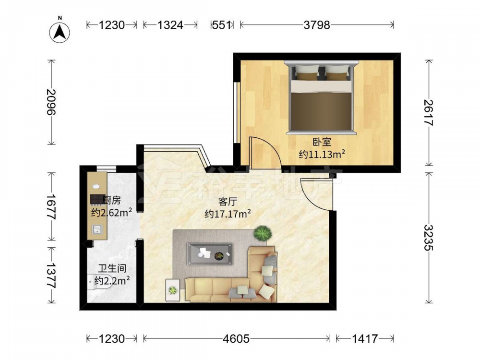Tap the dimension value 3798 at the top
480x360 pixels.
click(317, 25)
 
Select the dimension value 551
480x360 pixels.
click(221, 25)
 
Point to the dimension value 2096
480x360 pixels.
click(51, 102)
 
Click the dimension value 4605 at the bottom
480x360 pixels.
click(236, 338)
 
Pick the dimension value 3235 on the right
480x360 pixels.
click(429, 237)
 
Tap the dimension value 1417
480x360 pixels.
click(365, 338)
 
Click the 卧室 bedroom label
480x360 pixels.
click(322, 142)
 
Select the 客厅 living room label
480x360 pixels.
click(228, 202)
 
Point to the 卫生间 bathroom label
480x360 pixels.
click(112, 268)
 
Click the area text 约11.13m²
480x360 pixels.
click(322, 154)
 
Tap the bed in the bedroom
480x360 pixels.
click(321, 97)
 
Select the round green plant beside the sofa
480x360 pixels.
click(263, 234)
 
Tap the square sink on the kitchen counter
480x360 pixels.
click(97, 229)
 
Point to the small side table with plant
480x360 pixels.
click(173, 290)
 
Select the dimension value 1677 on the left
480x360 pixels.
click(51, 206)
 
